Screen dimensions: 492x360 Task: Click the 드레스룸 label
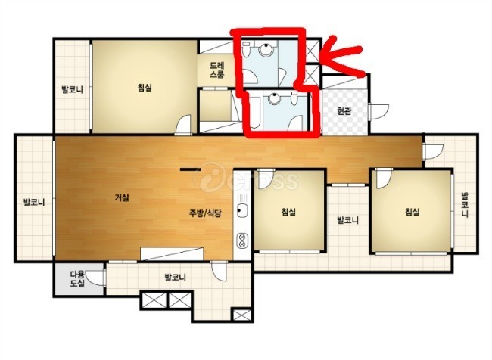click(217, 70)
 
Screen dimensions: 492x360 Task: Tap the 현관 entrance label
click(344, 110)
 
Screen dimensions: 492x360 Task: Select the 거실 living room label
click(122, 197)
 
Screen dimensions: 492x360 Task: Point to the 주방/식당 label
click(205, 213)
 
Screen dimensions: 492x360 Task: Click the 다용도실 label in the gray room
click(77, 279)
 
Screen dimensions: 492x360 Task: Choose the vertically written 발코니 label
click(465, 205)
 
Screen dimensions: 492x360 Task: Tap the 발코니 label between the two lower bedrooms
click(347, 220)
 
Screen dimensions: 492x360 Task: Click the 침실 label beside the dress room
click(145, 87)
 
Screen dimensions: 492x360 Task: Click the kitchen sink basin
click(242, 210)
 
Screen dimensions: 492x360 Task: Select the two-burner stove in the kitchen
click(242, 241)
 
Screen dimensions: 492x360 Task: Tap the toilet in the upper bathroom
click(246, 50)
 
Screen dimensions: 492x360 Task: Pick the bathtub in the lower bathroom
click(255, 113)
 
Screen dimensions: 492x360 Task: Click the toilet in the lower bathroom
click(294, 98)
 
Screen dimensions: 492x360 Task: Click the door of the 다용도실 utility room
click(95, 278)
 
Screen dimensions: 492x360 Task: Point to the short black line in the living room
click(191, 169)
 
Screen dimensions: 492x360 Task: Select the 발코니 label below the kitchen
click(175, 278)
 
